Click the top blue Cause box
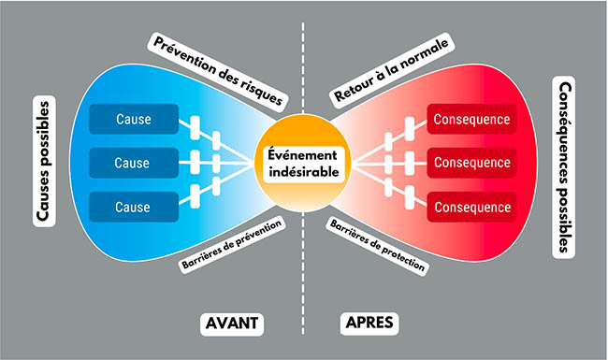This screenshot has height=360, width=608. pyautogui.click(x=134, y=119)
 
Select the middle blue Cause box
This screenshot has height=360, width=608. pyautogui.click(x=134, y=163)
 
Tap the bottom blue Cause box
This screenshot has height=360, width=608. pyautogui.click(x=134, y=207)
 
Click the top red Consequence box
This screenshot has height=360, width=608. pyautogui.click(x=471, y=119)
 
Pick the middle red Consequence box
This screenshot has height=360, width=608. pyautogui.click(x=471, y=163)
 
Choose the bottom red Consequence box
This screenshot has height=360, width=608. pyautogui.click(x=471, y=207)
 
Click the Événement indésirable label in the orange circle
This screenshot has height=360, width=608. pyautogui.click(x=304, y=164)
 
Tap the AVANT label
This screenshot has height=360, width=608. pyautogui.click(x=232, y=324)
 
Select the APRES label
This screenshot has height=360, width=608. pyautogui.click(x=369, y=323)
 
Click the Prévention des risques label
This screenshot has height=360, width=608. pyautogui.click(x=218, y=71)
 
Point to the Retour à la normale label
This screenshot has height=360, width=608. pyautogui.click(x=392, y=70)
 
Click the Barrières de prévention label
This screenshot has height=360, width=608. pyautogui.click(x=232, y=245)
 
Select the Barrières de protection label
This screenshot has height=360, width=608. pyautogui.click(x=377, y=246)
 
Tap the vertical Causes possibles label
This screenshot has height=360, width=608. pyautogui.click(x=44, y=161)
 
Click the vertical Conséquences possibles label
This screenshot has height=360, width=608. pyautogui.click(x=563, y=167)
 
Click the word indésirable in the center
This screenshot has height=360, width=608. pyautogui.click(x=304, y=172)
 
